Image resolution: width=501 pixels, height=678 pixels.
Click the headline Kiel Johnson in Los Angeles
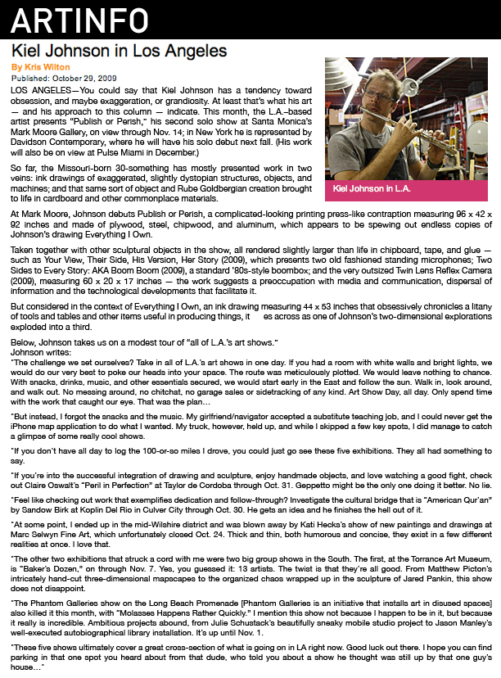click(x=119, y=51)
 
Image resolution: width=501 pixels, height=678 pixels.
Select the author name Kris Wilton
click(x=40, y=66)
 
